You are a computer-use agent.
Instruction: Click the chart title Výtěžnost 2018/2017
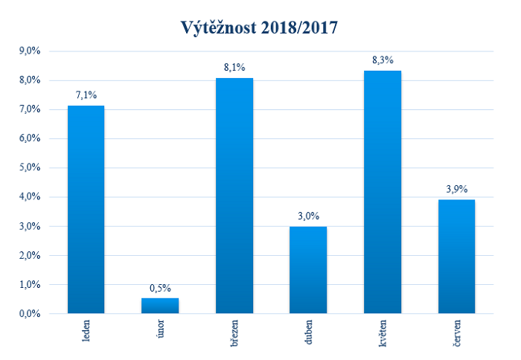(x=261, y=28)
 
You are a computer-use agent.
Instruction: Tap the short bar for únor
(x=160, y=306)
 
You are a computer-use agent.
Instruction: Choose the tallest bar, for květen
(x=383, y=193)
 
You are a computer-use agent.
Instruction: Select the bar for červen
(x=456, y=257)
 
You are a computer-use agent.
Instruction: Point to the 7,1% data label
(x=86, y=95)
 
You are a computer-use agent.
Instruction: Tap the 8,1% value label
(x=234, y=68)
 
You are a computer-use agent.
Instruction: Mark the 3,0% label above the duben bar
(x=308, y=216)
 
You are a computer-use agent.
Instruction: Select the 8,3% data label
(x=383, y=60)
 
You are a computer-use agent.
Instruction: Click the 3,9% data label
(x=456, y=189)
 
